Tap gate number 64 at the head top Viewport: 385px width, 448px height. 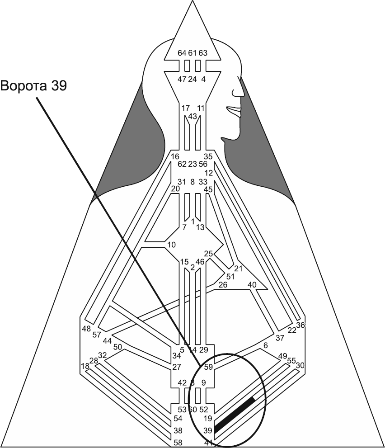coord(182,53)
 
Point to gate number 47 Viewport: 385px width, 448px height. coord(182,79)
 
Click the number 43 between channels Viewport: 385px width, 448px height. coord(192,116)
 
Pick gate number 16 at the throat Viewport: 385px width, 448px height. coord(175,157)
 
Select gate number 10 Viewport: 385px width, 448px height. coord(171,245)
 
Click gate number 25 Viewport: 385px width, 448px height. coord(208,253)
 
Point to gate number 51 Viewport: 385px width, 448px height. coord(230,277)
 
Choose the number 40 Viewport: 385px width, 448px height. coord(252,285)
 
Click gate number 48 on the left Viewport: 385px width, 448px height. coord(87,328)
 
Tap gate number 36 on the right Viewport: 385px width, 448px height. coord(301,325)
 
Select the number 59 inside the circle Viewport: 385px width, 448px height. coord(208,367)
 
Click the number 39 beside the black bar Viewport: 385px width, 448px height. coord(208,430)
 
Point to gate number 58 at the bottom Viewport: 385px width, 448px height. coord(178,442)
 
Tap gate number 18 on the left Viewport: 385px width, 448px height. coord(85,365)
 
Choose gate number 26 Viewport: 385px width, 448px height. coord(222,285)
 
